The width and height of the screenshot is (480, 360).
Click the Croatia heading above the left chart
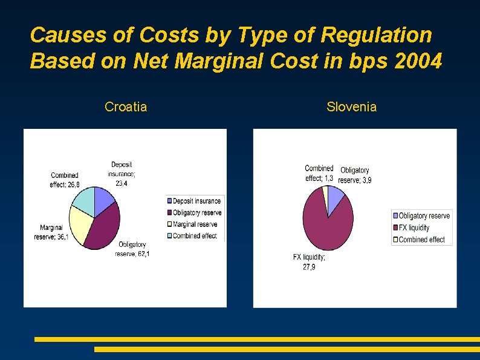tap(126, 107)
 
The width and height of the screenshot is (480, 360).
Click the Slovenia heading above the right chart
tap(351, 107)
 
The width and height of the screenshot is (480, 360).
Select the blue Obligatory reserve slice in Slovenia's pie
tap(335, 197)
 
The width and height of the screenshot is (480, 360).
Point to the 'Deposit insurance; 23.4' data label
tap(122, 174)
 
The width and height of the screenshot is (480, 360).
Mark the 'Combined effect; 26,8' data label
tap(65, 180)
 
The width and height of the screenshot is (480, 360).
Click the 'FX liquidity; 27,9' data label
tap(309, 262)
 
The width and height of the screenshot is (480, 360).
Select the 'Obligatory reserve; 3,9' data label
tap(355, 175)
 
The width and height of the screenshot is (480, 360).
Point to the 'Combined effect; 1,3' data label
tap(319, 173)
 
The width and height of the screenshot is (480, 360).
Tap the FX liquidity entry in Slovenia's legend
tap(414, 227)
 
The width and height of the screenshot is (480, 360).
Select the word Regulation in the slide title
tap(377, 35)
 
